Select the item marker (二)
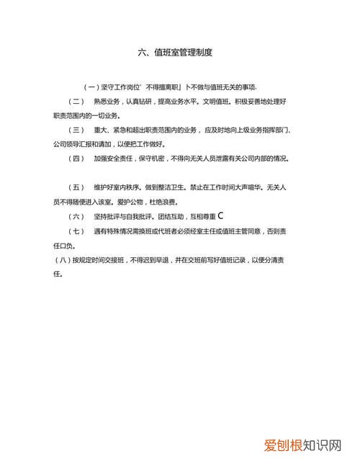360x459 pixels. (x=76, y=102)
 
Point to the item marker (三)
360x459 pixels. (x=76, y=130)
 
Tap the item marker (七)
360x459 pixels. (x=76, y=231)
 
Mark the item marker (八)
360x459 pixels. (x=63, y=260)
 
